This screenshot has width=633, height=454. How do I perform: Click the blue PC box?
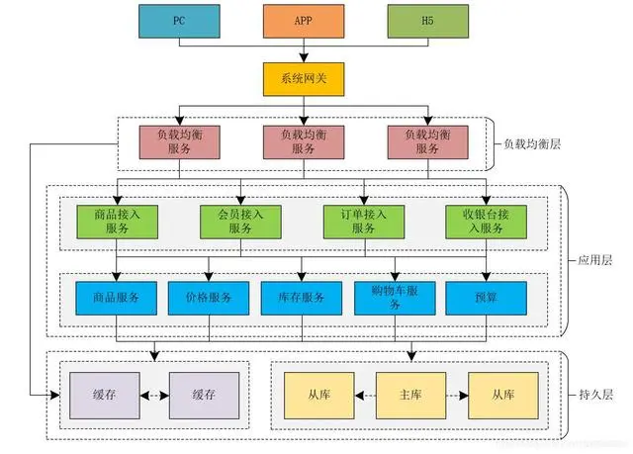pyautogui.click(x=179, y=21)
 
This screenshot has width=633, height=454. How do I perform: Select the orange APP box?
pyautogui.click(x=303, y=21)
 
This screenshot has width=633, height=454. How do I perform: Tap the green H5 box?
pyautogui.click(x=426, y=21)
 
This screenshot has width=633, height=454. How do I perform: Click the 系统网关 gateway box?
pyautogui.click(x=303, y=79)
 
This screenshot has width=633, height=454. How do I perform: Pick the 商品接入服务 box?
pyautogui.click(x=117, y=220)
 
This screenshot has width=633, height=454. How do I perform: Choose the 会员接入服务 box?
pyautogui.click(x=240, y=220)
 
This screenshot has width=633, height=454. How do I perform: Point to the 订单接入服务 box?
pyautogui.click(x=363, y=220)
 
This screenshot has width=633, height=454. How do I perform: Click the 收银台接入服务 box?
pyautogui.click(x=487, y=220)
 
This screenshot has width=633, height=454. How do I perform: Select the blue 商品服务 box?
pyautogui.click(x=117, y=298)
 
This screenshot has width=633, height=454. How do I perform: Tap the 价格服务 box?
pyautogui.click(x=209, y=298)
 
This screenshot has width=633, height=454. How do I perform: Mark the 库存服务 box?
pyautogui.click(x=302, y=298)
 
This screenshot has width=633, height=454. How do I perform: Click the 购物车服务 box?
pyautogui.click(x=394, y=298)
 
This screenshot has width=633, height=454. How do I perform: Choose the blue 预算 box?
pyautogui.click(x=486, y=298)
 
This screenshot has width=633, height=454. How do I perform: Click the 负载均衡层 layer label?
pyautogui.click(x=531, y=144)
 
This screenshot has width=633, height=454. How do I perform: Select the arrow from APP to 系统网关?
pyautogui.click(x=303, y=51)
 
